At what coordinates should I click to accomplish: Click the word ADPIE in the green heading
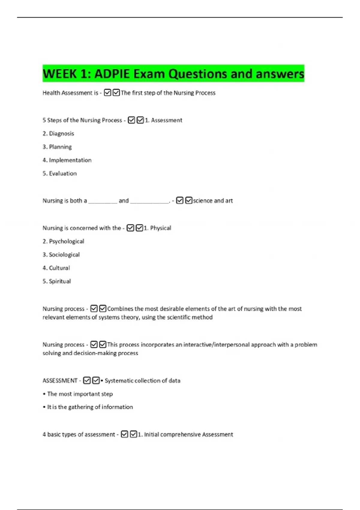click(112, 74)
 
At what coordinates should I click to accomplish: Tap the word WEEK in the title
click(59, 74)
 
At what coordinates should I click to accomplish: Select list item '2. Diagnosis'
click(58, 133)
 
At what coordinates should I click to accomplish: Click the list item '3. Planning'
click(57, 147)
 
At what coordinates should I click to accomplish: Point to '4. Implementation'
click(67, 160)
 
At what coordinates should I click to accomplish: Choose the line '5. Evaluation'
click(60, 173)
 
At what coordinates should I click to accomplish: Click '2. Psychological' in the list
click(63, 241)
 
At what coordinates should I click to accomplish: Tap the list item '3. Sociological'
click(61, 255)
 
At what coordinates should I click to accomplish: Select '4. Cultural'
click(56, 268)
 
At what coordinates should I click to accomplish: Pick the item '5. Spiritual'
click(57, 281)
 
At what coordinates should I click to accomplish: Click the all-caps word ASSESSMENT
click(60, 381)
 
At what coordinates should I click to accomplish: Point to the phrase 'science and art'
click(213, 201)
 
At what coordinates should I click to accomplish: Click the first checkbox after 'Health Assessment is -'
click(107, 93)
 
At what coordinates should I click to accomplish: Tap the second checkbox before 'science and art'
click(189, 200)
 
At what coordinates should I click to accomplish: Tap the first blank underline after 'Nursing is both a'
click(103, 202)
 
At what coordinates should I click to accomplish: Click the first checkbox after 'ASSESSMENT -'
click(87, 380)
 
